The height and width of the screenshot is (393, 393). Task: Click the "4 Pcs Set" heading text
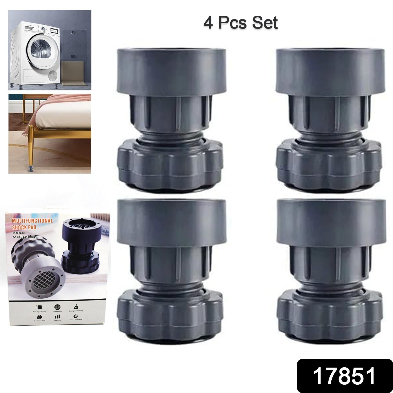(240, 23)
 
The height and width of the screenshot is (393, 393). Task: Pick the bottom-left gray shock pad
(170, 270)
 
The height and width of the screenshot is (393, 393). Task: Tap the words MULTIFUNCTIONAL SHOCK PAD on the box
(32, 224)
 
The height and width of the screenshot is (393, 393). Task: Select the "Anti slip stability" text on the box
(25, 237)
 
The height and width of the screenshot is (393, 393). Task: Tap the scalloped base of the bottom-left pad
(170, 314)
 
